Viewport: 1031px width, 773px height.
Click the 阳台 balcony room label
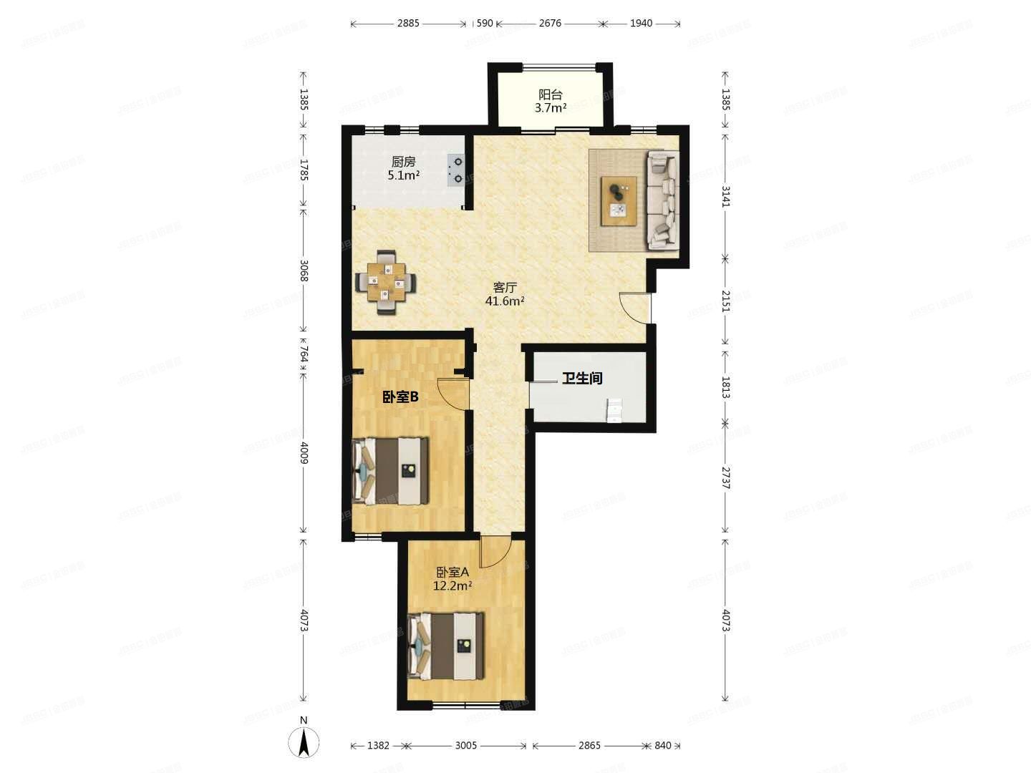[551, 101]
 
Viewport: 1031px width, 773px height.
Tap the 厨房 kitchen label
[403, 168]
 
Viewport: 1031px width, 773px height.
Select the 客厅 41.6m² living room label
[505, 293]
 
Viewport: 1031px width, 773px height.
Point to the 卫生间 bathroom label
[581, 378]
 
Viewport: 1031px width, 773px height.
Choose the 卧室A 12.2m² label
[452, 579]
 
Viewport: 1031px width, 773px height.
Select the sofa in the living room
[662, 200]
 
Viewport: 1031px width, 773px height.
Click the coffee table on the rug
[619, 200]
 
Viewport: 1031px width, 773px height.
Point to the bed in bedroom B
[392, 471]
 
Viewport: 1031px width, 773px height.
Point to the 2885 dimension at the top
[408, 23]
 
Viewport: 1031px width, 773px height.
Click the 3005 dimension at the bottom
[465, 745]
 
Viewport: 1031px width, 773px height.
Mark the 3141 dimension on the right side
[725, 195]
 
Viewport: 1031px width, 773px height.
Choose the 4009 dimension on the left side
[304, 452]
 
